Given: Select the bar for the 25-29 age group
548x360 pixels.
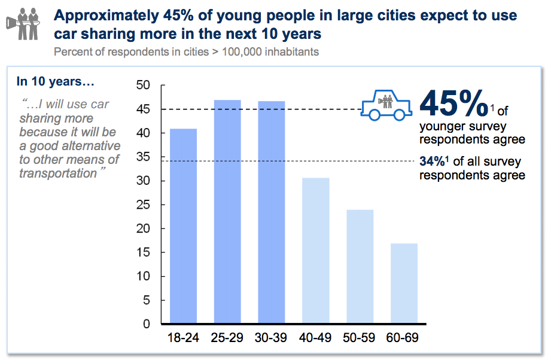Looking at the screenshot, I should (x=227, y=212).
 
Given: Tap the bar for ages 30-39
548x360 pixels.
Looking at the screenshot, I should (x=271, y=212).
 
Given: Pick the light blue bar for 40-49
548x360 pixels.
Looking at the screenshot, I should (x=315, y=251).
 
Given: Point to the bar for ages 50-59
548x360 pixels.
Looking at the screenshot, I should (x=360, y=267).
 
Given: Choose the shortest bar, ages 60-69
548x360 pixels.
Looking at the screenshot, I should (x=404, y=283).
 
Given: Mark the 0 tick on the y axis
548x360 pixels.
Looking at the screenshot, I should (x=146, y=324).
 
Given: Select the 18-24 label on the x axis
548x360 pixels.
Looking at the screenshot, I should (x=182, y=338).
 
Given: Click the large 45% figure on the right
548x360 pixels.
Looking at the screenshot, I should (x=453, y=103).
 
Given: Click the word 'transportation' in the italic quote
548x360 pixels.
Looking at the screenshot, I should (x=58, y=173).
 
